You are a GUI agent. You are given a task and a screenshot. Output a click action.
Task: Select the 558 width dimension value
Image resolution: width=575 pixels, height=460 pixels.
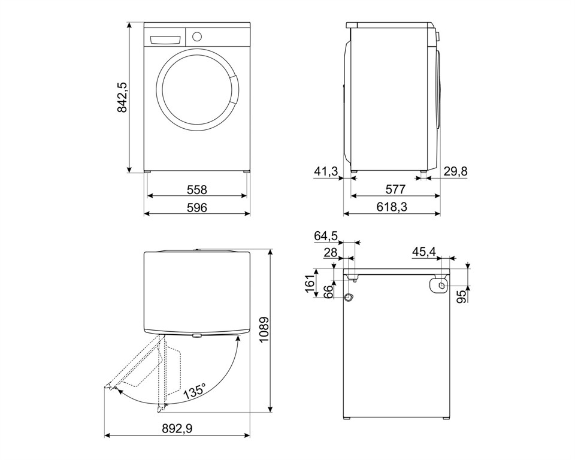(196, 190)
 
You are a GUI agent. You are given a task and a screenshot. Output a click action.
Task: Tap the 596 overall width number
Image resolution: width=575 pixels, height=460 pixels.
(196, 208)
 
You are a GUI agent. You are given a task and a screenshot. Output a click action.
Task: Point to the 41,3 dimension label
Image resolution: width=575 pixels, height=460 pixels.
(326, 172)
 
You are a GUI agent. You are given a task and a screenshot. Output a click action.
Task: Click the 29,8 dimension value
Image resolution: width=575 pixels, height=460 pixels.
(456, 172)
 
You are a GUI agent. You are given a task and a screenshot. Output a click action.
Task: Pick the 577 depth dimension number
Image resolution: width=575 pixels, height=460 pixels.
(395, 190)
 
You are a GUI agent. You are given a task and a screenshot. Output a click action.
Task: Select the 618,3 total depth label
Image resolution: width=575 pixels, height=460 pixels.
(392, 208)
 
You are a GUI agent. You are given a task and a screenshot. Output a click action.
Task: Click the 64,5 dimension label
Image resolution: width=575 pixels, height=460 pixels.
(326, 236)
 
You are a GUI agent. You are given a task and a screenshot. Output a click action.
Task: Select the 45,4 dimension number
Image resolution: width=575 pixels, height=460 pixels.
(423, 252)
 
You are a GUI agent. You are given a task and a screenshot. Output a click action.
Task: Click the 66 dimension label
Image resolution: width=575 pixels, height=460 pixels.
(328, 292)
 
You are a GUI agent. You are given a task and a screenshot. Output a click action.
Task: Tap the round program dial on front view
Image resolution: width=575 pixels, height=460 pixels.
(196, 36)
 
